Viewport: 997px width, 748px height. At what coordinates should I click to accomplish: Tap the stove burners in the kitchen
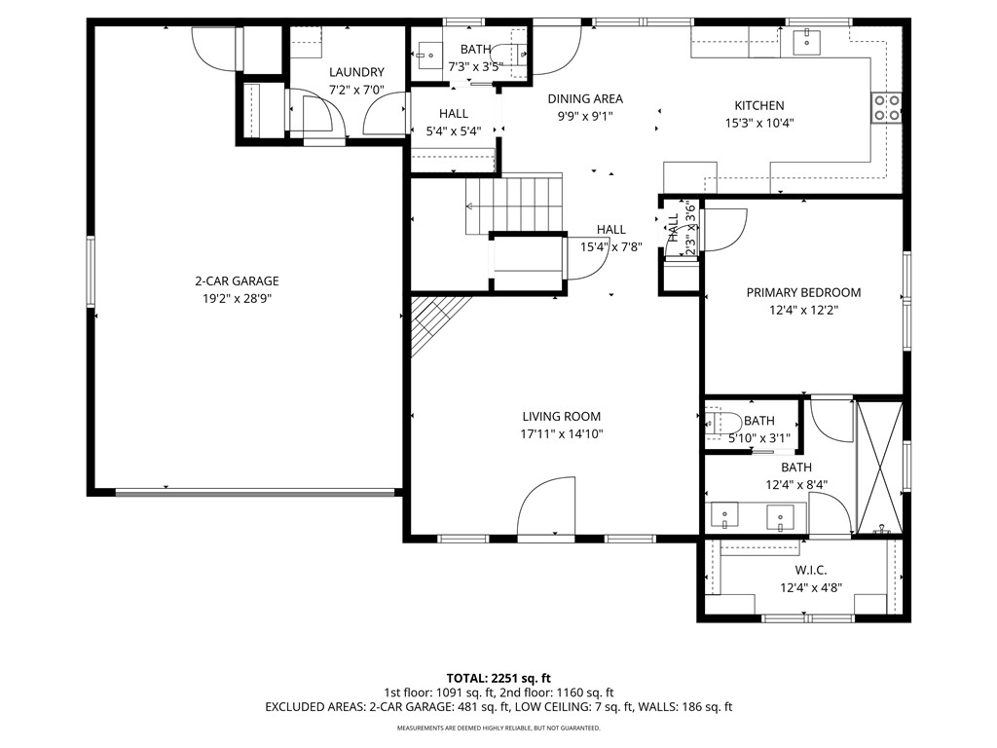tap(886, 106)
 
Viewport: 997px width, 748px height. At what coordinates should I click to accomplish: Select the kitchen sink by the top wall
tap(807, 41)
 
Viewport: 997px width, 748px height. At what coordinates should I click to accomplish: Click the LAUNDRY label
tap(356, 72)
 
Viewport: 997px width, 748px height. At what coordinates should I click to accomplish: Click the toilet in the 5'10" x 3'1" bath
tap(720, 423)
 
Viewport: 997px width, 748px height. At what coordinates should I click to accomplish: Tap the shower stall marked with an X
tap(879, 467)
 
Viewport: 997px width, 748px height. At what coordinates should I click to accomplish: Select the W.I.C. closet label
tap(811, 570)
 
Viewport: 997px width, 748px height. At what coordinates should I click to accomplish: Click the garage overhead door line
tap(257, 493)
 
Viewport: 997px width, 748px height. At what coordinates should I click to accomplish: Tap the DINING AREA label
tap(584, 98)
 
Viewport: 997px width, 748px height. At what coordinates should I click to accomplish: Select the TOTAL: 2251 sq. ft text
tap(498, 677)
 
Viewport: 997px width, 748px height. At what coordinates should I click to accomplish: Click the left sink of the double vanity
tap(725, 515)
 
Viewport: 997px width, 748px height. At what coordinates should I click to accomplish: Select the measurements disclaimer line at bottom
tap(498, 728)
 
